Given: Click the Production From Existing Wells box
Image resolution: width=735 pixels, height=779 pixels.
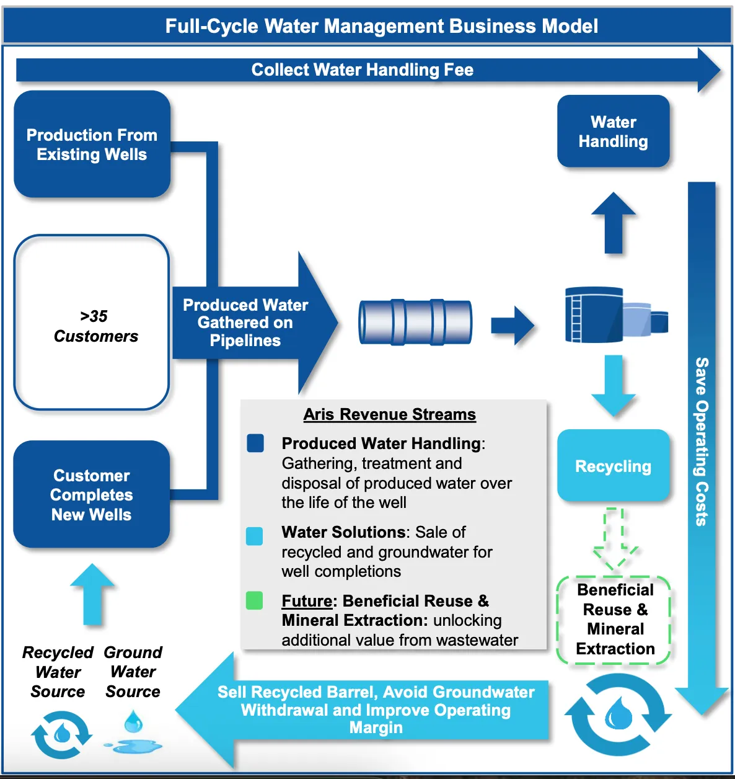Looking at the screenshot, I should coord(92,145).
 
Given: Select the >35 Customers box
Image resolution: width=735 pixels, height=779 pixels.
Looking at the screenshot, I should coord(92,323).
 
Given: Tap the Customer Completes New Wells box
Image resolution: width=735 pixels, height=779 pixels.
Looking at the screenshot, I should coord(92,494).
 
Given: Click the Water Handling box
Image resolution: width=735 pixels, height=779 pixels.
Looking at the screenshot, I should coord(613,131).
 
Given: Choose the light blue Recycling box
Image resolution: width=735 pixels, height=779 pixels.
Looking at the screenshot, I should coord(613,466).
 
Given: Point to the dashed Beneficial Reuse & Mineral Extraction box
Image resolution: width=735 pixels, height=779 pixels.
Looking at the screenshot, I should coord(614,620).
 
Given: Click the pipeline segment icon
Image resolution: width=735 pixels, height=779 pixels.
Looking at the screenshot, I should coord(415,322).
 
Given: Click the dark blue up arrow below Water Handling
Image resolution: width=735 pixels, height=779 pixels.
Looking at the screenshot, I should coord(614,223).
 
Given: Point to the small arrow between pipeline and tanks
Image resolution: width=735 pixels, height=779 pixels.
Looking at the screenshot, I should coord(512,324).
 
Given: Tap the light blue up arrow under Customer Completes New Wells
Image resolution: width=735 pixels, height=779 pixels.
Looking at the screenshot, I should coord(92,594).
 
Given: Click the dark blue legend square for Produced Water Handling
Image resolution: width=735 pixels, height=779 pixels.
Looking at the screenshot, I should coord(255,443).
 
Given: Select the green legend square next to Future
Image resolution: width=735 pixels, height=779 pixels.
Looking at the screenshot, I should coord(255,600).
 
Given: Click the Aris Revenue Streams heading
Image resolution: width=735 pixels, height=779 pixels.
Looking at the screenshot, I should coord(389,414).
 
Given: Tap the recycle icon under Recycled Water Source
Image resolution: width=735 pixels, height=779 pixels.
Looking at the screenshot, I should coord(61,734).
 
